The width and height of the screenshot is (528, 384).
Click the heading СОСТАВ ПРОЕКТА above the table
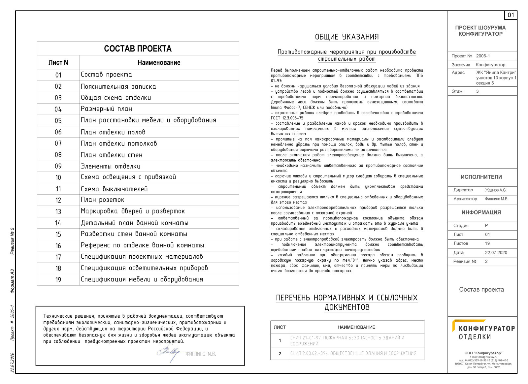click(138, 49)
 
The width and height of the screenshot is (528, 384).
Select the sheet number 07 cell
click(58, 144)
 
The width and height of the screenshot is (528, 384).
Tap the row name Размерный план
click(106, 109)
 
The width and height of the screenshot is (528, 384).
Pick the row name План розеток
click(103, 200)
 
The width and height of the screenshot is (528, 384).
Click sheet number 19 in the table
click(58, 280)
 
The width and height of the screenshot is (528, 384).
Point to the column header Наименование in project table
click(159, 63)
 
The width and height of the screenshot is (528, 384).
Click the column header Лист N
click(58, 63)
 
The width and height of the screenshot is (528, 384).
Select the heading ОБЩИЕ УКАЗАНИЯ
click(346, 37)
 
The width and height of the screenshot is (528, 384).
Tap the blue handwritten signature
click(169, 353)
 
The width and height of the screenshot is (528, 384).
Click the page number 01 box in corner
click(511, 15)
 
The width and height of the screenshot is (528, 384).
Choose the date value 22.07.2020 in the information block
click(496, 253)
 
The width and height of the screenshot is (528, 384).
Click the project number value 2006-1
click(483, 56)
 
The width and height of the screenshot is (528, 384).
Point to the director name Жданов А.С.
click(496, 190)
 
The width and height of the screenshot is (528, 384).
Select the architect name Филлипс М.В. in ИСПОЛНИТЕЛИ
click(496, 199)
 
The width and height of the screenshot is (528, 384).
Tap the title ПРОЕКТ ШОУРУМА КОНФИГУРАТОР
click(480, 31)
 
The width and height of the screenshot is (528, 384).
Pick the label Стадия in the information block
click(461, 226)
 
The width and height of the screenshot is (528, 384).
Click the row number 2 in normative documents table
click(280, 353)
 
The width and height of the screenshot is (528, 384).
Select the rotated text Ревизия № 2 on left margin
click(13, 241)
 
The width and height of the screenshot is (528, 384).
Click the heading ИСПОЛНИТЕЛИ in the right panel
click(481, 177)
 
